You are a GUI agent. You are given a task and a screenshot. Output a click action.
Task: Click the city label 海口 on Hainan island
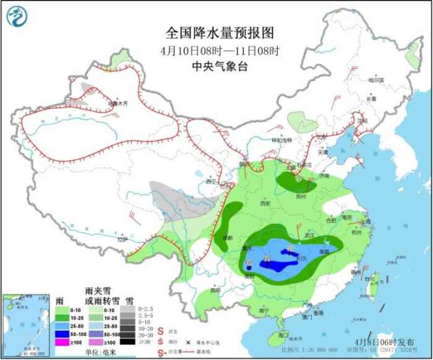284,335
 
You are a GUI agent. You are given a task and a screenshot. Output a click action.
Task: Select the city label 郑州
301,197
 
